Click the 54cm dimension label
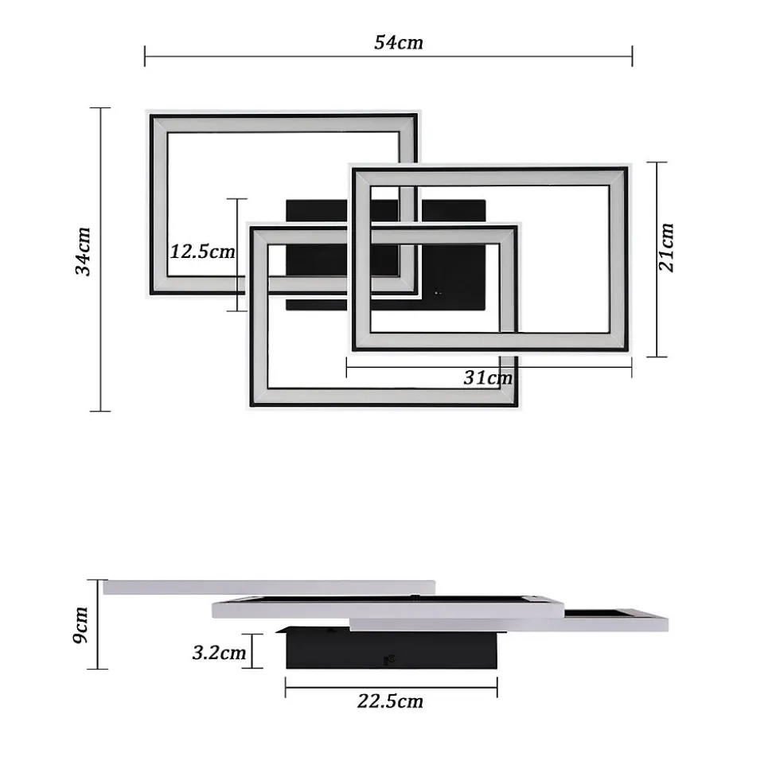pos(398,42)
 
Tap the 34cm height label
pos(83,252)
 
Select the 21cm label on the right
pos(666,247)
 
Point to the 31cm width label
pos(488,377)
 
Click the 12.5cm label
pos(203,252)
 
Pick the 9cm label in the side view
pos(80,626)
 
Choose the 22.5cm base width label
pos(390,701)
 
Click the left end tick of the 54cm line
pos(144,57)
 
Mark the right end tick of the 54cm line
pos(632,57)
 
